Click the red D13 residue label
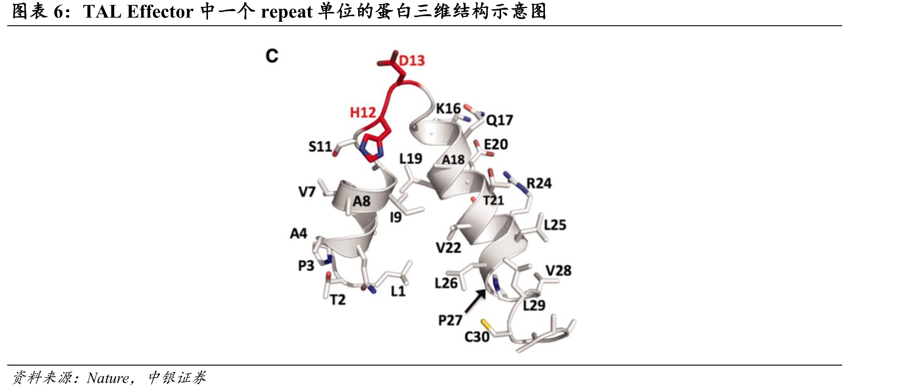[x=412, y=60]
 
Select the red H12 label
[x=363, y=113]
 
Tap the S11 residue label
[x=320, y=147]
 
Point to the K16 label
[x=448, y=108]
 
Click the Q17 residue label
[x=500, y=120]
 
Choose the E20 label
[x=496, y=144]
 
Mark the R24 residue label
[x=539, y=183]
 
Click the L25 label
[x=555, y=225]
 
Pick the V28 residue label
[x=558, y=270]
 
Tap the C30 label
[x=477, y=337]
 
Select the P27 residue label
[x=450, y=320]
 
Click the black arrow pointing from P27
[x=475, y=300]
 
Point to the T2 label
[x=338, y=300]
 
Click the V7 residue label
[x=307, y=191]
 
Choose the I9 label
[x=396, y=217]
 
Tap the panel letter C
[x=272, y=56]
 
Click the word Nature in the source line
[x=108, y=378]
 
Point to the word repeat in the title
[x=287, y=12]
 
